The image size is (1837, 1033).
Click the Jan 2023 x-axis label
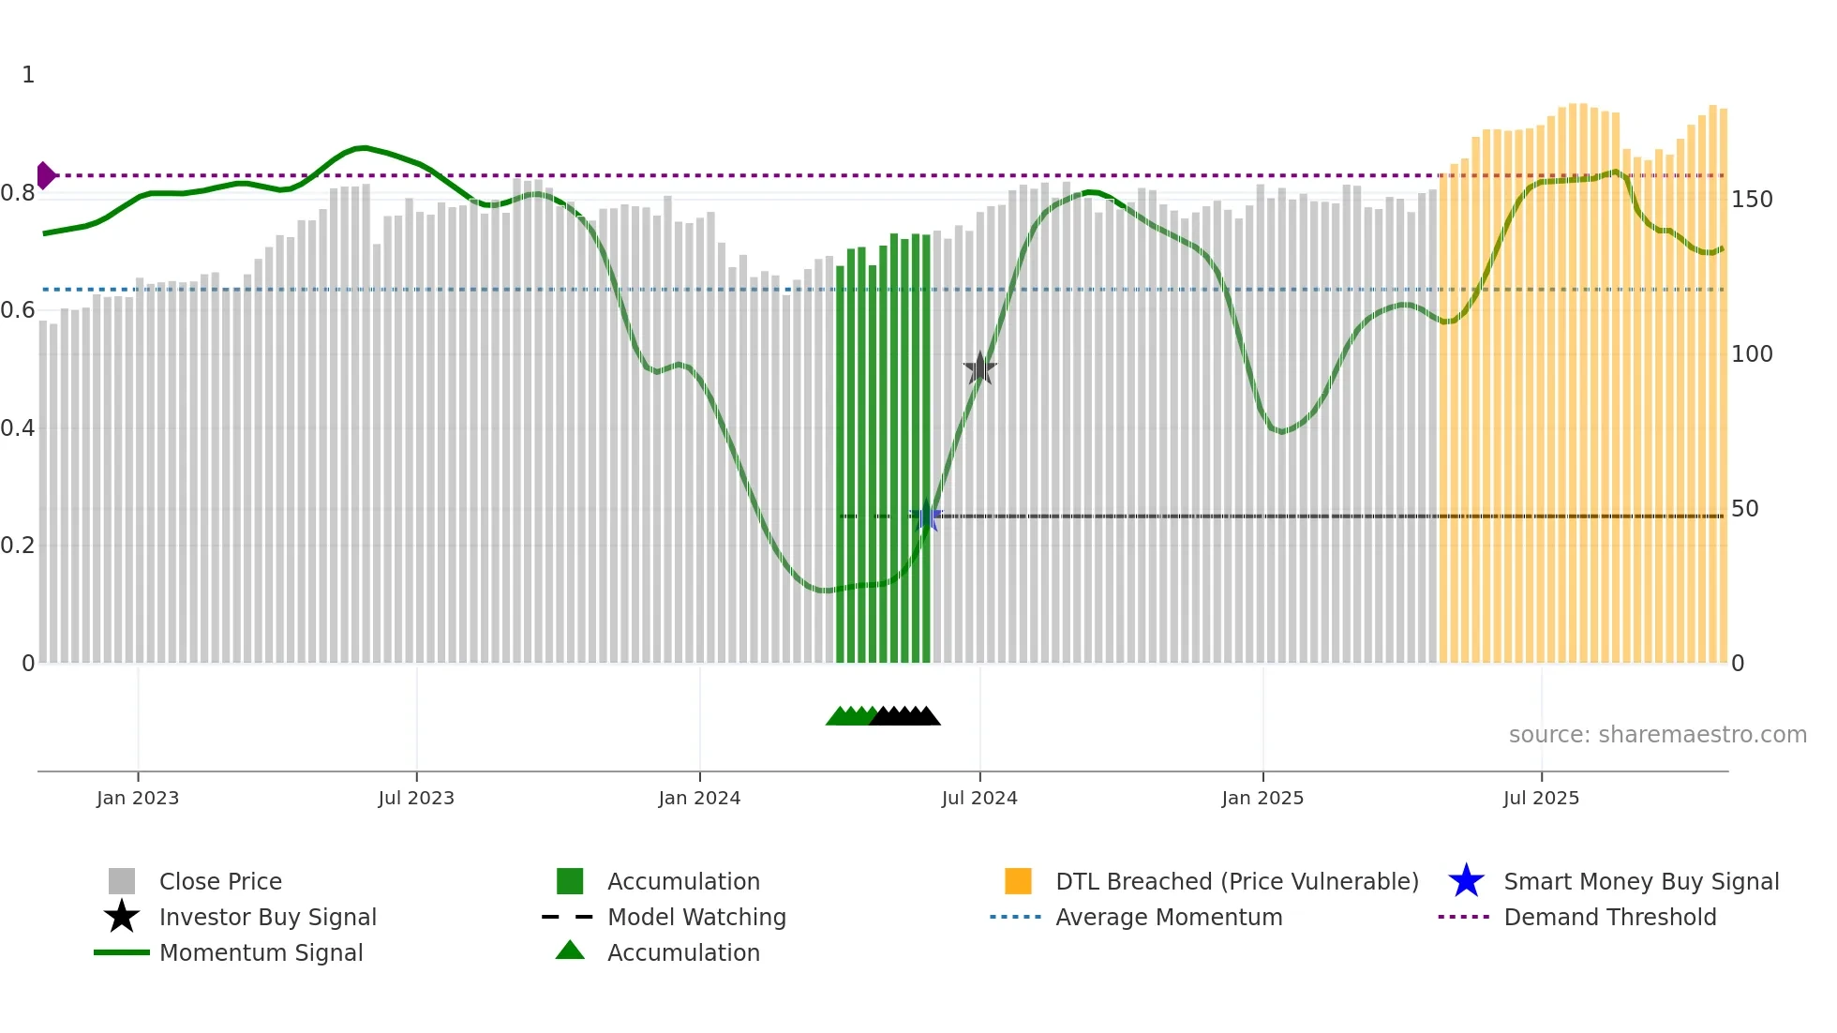point(138,799)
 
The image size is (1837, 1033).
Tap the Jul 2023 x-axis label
point(416,799)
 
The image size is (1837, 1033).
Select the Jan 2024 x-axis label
point(699,799)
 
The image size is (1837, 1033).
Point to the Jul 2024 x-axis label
point(979,799)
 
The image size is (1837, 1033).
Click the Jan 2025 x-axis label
point(1262,799)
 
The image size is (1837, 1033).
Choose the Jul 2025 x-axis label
point(1541,799)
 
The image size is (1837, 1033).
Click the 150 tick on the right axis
point(1752,200)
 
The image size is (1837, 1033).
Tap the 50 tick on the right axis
point(1745,509)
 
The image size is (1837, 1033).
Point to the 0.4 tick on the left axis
point(18,428)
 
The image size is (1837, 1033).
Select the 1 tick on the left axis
point(28,75)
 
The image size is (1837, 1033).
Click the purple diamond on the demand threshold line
point(45,175)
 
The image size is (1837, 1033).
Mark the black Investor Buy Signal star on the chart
point(980,368)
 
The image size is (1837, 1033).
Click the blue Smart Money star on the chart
point(927,516)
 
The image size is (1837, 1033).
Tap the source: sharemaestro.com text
point(1657,735)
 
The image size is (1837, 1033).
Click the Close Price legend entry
point(220,882)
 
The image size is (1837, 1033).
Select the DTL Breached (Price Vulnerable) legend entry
point(1236,882)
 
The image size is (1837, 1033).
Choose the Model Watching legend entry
point(696,918)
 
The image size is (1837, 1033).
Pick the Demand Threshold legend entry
point(1609,918)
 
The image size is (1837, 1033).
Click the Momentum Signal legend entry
point(261,953)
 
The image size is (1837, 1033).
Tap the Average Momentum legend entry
point(1169,918)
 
